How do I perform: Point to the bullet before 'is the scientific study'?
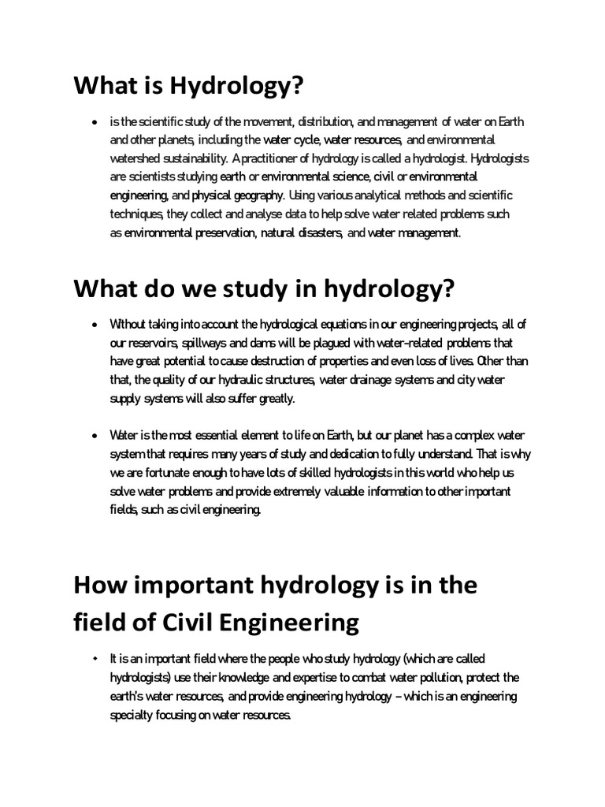(x=95, y=123)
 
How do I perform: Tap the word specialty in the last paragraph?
(x=132, y=715)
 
